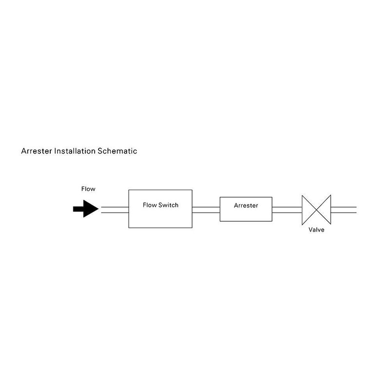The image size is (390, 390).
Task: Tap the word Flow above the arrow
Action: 88,189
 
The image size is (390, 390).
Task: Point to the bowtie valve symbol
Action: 316,209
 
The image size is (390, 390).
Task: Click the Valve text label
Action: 316,230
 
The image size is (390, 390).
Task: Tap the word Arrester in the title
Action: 37,151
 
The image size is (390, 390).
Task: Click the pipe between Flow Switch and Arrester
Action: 206,209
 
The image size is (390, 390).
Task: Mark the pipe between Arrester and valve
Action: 287,209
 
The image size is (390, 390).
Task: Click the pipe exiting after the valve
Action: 344,209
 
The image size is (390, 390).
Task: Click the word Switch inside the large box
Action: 168,205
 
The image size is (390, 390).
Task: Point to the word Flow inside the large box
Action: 149,205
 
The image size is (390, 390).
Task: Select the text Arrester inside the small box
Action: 246,205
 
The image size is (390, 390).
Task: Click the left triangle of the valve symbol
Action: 307,209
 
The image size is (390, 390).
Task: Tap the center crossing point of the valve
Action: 316,209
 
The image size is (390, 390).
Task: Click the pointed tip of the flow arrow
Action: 97,209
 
